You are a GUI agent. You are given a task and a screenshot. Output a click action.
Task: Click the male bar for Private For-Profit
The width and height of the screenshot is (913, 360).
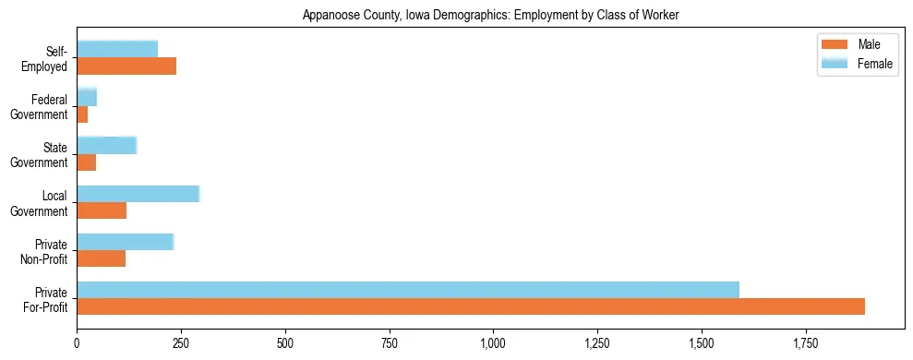click(471, 306)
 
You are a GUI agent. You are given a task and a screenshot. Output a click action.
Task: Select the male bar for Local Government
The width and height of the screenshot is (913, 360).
click(102, 210)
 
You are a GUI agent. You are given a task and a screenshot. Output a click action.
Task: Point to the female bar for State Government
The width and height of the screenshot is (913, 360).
click(106, 145)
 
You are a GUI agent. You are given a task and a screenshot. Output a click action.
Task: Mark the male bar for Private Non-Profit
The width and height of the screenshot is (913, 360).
click(101, 258)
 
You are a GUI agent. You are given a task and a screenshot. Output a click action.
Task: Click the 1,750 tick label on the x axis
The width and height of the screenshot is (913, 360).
click(806, 344)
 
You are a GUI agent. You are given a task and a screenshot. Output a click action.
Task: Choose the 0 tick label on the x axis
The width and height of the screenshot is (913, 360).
click(77, 344)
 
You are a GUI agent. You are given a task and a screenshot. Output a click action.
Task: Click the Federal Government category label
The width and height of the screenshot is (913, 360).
click(40, 107)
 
